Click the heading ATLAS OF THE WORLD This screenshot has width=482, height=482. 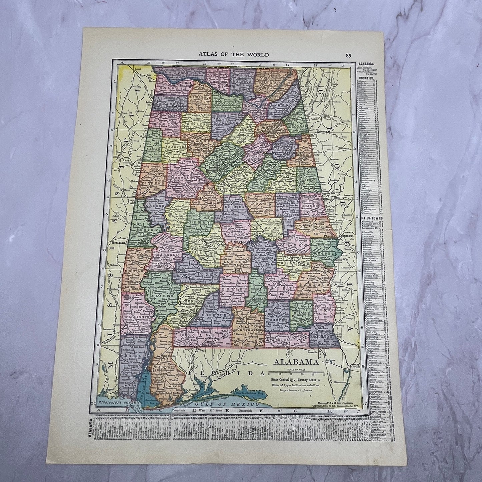(x=233, y=54)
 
